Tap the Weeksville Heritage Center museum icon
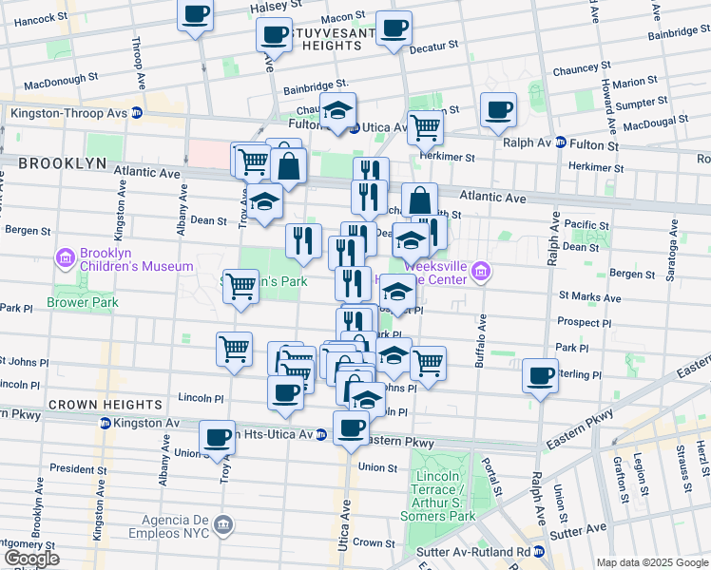tap(481, 274)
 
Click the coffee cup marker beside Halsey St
tap(196, 15)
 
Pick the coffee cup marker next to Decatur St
tap(393, 28)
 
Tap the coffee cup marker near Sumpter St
tap(497, 110)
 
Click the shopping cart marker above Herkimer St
tap(425, 125)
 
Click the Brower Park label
tap(86, 303)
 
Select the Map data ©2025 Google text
tap(651, 562)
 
